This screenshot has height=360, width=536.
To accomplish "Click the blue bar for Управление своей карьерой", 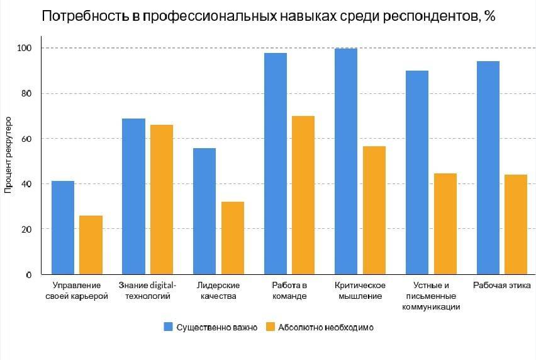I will pos(63,228).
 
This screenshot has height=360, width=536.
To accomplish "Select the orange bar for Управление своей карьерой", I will pos(91,245).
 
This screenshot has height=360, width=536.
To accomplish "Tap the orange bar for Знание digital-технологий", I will pos(162,199).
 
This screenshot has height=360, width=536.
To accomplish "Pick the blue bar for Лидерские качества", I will pos(204,211).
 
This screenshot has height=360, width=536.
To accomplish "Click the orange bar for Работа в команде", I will pos(303,195).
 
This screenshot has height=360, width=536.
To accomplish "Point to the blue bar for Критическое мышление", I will pos(346,161).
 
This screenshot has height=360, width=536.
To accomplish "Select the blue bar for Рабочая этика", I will pos(488,168).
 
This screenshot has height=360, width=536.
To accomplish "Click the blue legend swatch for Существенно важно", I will pos(169,327).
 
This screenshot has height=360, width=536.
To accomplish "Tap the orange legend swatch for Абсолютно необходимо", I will pos(271,327).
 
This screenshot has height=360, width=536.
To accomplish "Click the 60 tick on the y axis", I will pos(28,139).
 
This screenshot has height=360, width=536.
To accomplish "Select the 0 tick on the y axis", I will pos(30,275).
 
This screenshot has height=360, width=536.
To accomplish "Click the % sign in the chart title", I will pos(489,16).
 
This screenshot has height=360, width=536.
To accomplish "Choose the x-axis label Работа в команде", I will pos(289,290).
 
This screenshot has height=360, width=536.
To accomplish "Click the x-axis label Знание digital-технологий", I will pos(148,290).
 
